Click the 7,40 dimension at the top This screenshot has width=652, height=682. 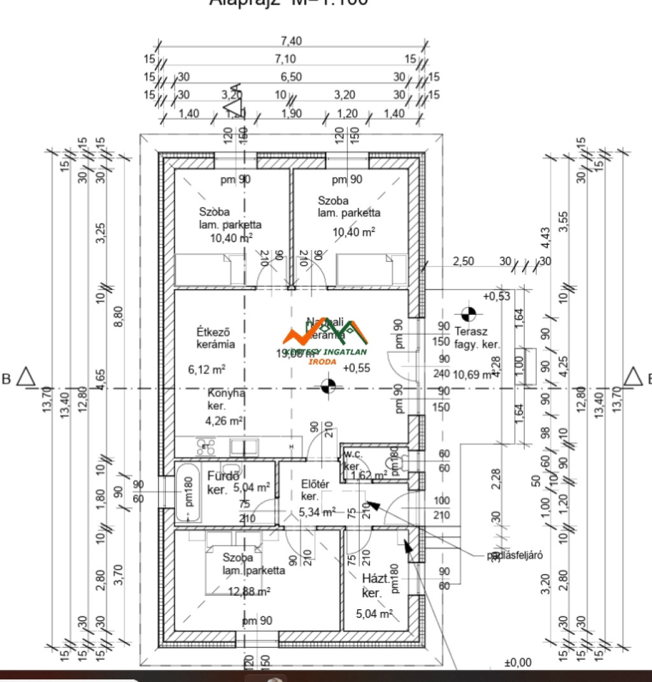[x=291, y=41]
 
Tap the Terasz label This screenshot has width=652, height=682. [x=471, y=331]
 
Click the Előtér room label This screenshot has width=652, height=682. [x=315, y=484]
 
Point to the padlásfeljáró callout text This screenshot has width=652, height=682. [x=514, y=555]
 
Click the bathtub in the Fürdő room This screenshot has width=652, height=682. [x=187, y=494]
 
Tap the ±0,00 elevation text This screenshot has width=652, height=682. [x=517, y=663]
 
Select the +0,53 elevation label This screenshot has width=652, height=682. [x=497, y=296]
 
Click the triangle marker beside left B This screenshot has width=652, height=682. [x=26, y=377]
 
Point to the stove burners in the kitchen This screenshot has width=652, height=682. [x=205, y=446]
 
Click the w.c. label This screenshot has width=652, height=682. [x=353, y=454]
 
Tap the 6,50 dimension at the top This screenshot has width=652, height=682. [x=291, y=76]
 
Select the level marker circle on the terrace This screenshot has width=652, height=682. [x=468, y=314]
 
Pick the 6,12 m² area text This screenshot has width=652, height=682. [x=207, y=369]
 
